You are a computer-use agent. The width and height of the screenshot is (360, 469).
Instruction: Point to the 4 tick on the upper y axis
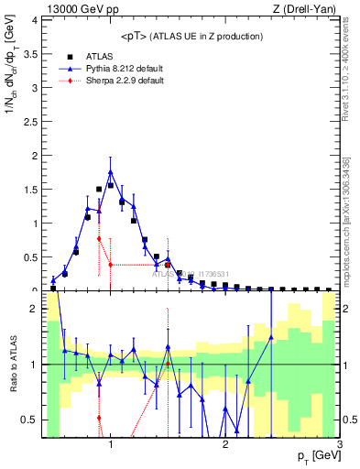pos(34,21)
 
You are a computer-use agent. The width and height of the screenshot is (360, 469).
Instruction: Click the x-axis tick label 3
pos(340,444)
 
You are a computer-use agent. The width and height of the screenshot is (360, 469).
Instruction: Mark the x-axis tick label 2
pos(225,444)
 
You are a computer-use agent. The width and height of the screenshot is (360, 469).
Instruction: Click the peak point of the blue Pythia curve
pos(111,171)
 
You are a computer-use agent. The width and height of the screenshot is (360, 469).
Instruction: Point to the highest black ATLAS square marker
pos(111,185)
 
